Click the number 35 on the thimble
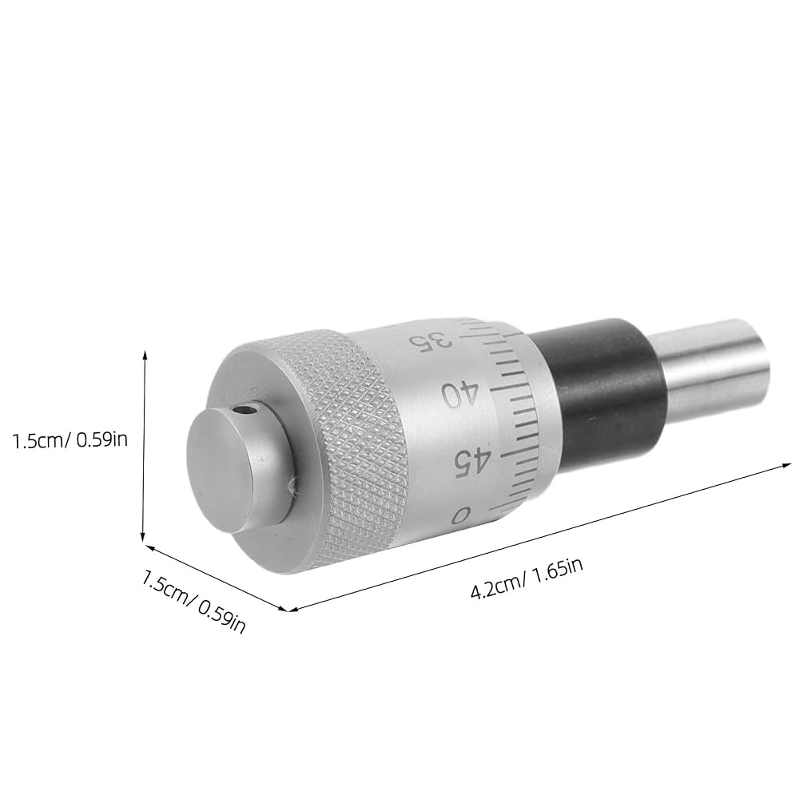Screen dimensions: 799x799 tap(432, 342)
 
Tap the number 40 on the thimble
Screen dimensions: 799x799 tap(460, 394)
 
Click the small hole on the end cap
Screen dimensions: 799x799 tap(247, 409)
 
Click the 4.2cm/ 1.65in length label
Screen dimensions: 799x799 tap(527, 579)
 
